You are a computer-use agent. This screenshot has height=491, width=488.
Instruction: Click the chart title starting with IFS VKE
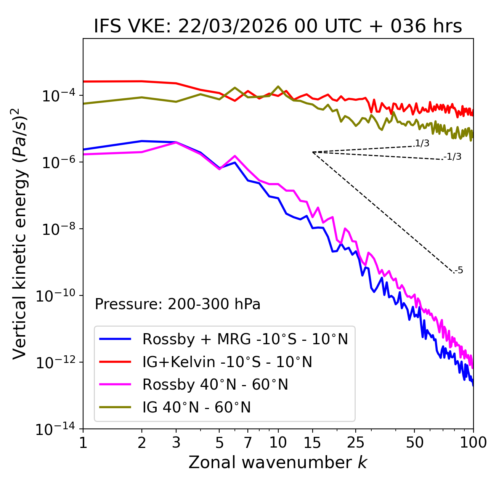[278, 26]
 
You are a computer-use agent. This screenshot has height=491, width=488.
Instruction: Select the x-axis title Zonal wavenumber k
[278, 462]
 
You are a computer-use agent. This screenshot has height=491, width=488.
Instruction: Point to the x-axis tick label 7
[248, 443]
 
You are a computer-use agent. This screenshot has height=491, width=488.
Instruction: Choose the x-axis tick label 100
[473, 443]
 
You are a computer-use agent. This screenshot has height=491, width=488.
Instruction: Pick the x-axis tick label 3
[176, 443]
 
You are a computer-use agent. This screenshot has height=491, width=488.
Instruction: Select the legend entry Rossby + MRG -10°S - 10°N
[245, 339]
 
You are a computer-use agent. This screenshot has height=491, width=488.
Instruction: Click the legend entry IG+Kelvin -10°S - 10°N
[227, 362]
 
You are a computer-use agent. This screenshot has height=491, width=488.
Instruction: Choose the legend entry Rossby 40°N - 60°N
[215, 385]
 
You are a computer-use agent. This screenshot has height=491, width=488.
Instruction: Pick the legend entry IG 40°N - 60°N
[196, 408]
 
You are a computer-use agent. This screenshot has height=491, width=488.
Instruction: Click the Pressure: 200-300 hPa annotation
[178, 304]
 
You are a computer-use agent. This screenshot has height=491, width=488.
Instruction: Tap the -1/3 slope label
[453, 157]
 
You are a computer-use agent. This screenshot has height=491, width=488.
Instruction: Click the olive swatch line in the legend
[115, 407]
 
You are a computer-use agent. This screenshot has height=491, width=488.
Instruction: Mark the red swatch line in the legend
[115, 361]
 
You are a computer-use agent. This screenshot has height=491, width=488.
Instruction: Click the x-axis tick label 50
[415, 443]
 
